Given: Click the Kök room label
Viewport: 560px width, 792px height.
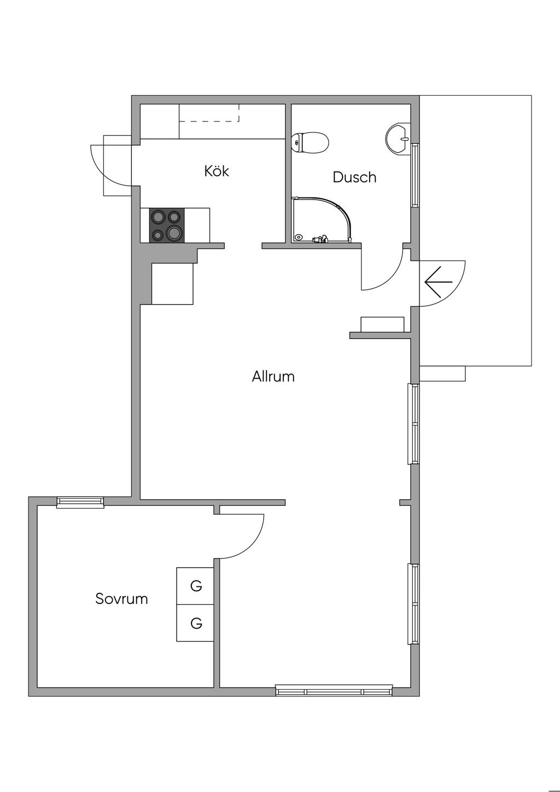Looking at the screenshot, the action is [217, 171].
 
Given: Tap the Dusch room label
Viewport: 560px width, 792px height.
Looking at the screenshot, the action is [354, 177].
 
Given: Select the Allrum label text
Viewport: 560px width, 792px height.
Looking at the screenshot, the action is [273, 376].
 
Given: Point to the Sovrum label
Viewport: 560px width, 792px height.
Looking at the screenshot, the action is [121, 598].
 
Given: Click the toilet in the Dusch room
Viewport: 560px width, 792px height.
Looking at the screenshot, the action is [310, 142].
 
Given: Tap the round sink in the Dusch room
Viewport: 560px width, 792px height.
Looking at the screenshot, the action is [396, 138].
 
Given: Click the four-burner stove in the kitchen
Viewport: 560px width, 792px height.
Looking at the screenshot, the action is [167, 225].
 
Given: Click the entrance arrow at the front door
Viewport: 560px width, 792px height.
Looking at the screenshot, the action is [439, 282].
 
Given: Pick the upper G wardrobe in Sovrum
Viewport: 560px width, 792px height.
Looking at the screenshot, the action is [195, 586].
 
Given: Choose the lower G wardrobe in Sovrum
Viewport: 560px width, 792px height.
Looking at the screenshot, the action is [195, 623].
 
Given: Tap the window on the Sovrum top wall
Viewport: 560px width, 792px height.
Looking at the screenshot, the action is [80, 502].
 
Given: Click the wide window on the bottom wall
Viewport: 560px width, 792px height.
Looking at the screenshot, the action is [334, 691].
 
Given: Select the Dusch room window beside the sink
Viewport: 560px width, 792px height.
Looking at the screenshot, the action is [415, 175].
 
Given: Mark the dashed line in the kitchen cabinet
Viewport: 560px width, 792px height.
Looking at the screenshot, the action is [209, 121].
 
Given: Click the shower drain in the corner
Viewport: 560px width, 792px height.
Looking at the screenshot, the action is [299, 237].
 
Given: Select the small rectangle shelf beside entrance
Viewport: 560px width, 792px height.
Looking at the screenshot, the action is [382, 324].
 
